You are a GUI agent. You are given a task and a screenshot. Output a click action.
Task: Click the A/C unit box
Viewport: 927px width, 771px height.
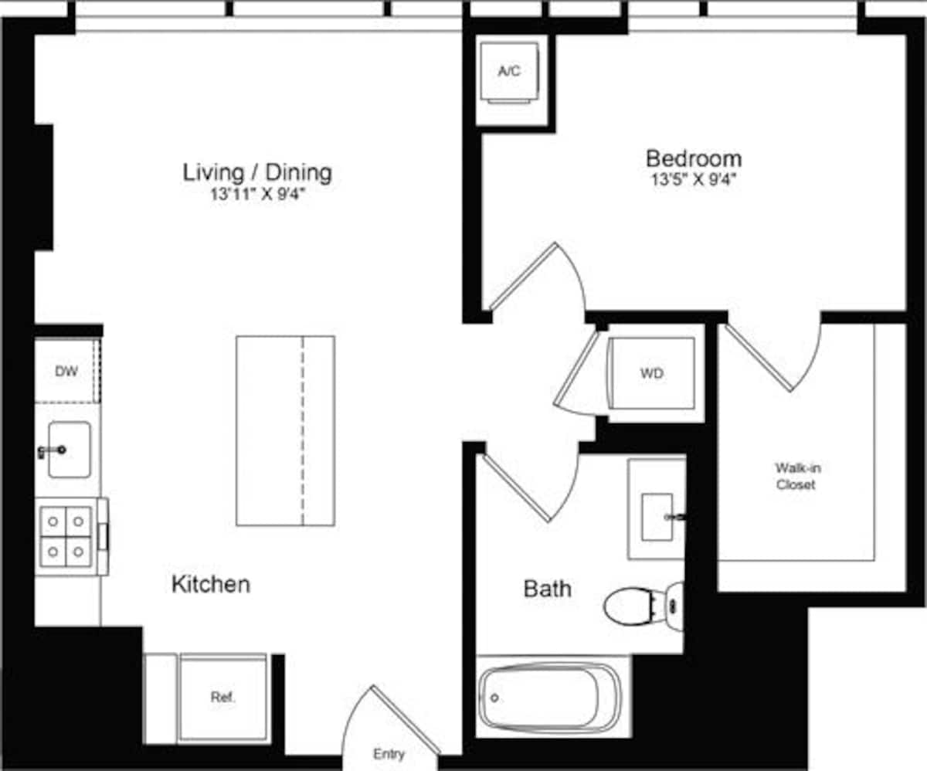(x=509, y=72)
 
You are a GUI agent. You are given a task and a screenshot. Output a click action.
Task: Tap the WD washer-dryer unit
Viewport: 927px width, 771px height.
(x=651, y=374)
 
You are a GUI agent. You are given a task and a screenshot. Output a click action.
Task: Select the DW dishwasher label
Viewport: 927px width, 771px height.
(x=66, y=372)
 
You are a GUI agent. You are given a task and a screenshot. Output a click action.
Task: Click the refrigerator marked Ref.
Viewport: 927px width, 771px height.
(x=222, y=697)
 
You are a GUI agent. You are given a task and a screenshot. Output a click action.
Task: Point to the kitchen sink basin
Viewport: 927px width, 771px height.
(x=70, y=450)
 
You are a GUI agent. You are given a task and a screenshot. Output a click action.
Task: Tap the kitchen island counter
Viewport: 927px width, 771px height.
(x=285, y=431)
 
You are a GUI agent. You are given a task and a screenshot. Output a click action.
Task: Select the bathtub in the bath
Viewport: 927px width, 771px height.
(x=550, y=697)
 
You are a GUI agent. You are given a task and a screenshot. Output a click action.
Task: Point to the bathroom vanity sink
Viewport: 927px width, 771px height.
(x=657, y=516)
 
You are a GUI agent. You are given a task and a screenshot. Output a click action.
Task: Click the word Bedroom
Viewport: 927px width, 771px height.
(x=693, y=159)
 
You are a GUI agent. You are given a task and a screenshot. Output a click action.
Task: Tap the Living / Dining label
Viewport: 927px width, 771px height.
(x=257, y=172)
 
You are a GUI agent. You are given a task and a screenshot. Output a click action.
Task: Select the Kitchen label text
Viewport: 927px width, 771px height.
(x=210, y=584)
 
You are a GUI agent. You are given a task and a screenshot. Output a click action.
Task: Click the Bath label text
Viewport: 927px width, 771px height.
(x=547, y=589)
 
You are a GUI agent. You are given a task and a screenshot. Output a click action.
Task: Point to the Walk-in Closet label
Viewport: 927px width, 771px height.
(x=796, y=476)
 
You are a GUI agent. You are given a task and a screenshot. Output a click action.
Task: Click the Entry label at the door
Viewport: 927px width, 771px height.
(x=388, y=754)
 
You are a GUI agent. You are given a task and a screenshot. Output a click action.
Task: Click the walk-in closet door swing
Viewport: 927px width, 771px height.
(x=775, y=352)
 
